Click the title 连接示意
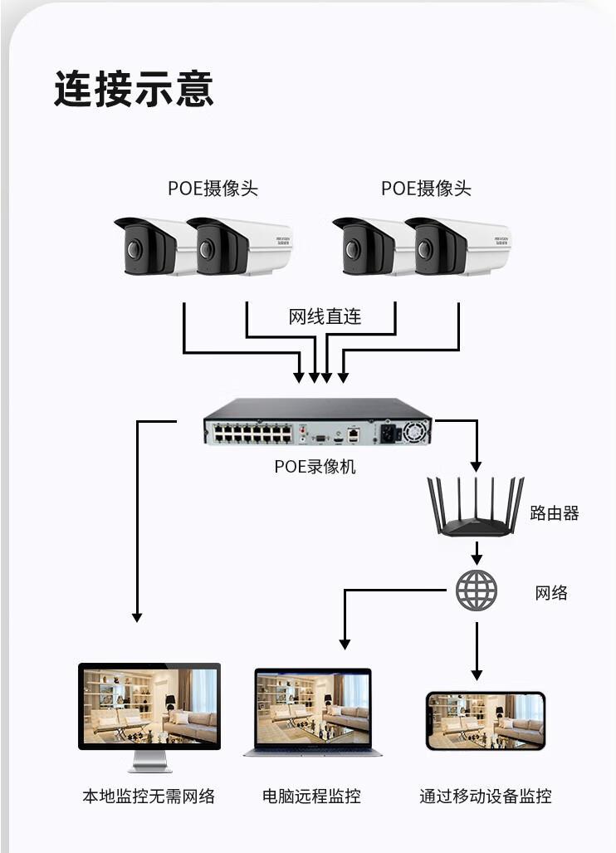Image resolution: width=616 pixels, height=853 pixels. (x=134, y=89)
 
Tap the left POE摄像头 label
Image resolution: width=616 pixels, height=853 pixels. (x=213, y=189)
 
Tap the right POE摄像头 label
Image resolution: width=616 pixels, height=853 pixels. (x=426, y=189)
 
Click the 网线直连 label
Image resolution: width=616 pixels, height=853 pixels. (x=325, y=316)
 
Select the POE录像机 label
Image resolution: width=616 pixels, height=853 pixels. (x=315, y=467)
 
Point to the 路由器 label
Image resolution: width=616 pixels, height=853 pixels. (x=554, y=513)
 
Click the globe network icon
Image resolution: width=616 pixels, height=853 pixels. (x=477, y=591)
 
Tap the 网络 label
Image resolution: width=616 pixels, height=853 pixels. (x=551, y=592)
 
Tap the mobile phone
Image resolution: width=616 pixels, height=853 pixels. (x=485, y=720)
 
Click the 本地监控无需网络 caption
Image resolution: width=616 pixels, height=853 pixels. (x=149, y=797)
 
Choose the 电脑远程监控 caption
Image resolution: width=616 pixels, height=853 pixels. (x=311, y=797)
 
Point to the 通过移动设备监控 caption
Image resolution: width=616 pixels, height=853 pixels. (x=485, y=797)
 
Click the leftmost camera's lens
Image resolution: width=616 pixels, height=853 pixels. (x=134, y=248)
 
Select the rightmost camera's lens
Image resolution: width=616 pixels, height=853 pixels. (x=425, y=248)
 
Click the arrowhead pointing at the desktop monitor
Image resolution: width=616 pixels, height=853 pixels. (x=137, y=617)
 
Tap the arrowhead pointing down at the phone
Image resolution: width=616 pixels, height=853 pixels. (x=477, y=674)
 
